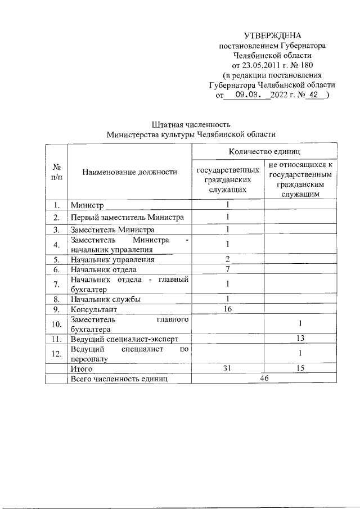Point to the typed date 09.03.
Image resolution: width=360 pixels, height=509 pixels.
tap(247, 95)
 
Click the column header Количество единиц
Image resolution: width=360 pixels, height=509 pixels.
tap(264, 152)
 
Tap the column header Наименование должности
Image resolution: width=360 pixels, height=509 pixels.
tap(129, 172)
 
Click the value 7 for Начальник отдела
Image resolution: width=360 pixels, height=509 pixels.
tap(228, 269)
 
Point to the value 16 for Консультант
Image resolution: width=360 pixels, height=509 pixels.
tap(228, 309)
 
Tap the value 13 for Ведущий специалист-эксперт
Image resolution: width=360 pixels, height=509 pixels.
tap(300, 337)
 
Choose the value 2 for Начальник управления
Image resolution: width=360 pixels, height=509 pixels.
tap(228, 259)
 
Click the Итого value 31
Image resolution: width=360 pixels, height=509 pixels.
tap(228, 369)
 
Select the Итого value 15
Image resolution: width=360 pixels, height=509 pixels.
tap(300, 369)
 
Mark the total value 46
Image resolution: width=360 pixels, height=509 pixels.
tap(264, 379)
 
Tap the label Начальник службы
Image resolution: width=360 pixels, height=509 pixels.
tap(105, 299)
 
